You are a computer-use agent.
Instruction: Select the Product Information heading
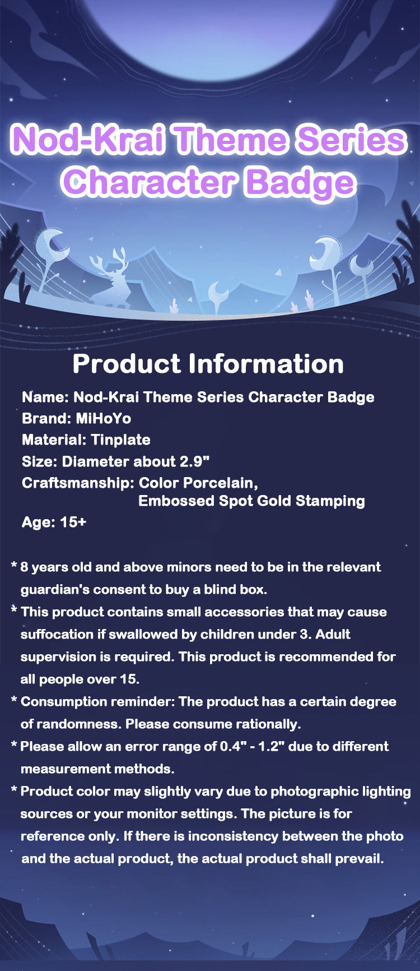pos(208,364)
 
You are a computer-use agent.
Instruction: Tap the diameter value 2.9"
pos(194,461)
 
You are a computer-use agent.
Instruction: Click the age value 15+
pos(73,522)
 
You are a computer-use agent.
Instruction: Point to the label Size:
pos(40,461)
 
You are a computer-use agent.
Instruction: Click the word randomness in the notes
pos(78,724)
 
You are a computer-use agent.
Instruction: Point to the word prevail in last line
pos(359,858)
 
